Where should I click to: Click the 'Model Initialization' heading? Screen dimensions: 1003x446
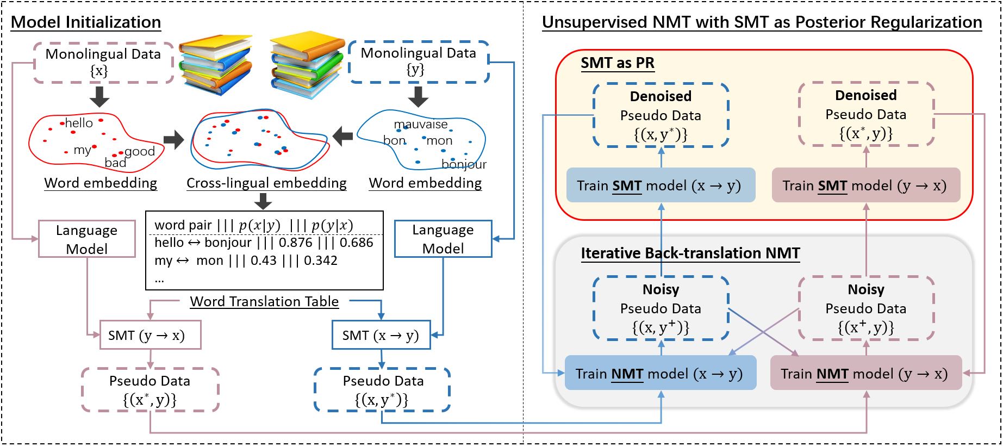(86, 22)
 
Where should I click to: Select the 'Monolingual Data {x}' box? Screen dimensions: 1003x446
(103, 63)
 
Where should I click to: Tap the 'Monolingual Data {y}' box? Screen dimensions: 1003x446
(418, 61)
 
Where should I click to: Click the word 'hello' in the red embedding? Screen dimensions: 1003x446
(79, 123)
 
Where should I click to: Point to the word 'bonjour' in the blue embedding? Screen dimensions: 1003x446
(464, 164)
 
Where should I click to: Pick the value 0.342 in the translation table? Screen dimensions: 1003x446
(321, 261)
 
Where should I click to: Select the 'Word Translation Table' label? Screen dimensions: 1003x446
(264, 302)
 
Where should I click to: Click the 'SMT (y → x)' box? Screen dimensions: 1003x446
(151, 335)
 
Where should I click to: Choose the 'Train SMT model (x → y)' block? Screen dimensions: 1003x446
(661, 185)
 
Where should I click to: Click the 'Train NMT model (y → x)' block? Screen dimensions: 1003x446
(866, 373)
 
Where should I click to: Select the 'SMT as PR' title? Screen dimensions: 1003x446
(618, 63)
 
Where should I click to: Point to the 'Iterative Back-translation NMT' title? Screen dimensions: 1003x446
(690, 253)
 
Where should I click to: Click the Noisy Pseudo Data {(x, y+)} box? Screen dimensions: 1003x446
(661, 308)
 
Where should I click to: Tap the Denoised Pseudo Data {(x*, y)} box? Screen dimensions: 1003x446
(866, 114)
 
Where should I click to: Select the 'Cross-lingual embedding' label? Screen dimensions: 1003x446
(266, 183)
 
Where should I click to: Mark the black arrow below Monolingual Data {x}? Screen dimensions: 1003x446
(99, 96)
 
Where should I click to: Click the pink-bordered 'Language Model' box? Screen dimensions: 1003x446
(86, 239)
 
